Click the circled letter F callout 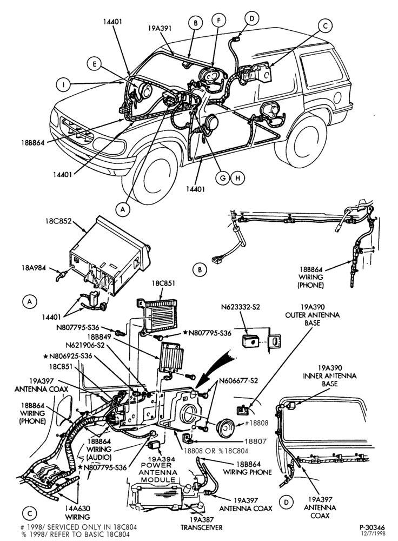coord(218,20)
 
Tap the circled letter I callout coord(63,84)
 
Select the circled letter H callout coord(237,177)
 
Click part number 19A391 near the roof coord(160,28)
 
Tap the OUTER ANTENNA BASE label coord(312,315)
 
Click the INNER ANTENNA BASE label coord(330,376)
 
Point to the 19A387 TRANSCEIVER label coord(201,523)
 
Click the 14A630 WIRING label coord(78,512)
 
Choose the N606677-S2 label coord(238,381)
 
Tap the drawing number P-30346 coord(372,527)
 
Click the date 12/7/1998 coord(373,534)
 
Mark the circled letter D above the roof coord(252,18)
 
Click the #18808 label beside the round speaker coord(257,423)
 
